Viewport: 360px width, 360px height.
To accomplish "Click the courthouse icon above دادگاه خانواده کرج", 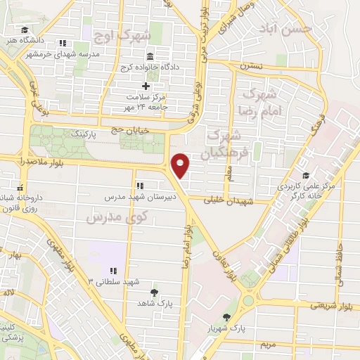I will [x=150, y=56].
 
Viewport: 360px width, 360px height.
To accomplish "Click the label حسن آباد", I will [x=293, y=29].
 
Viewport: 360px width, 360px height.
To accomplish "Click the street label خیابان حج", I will [x=111, y=129].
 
